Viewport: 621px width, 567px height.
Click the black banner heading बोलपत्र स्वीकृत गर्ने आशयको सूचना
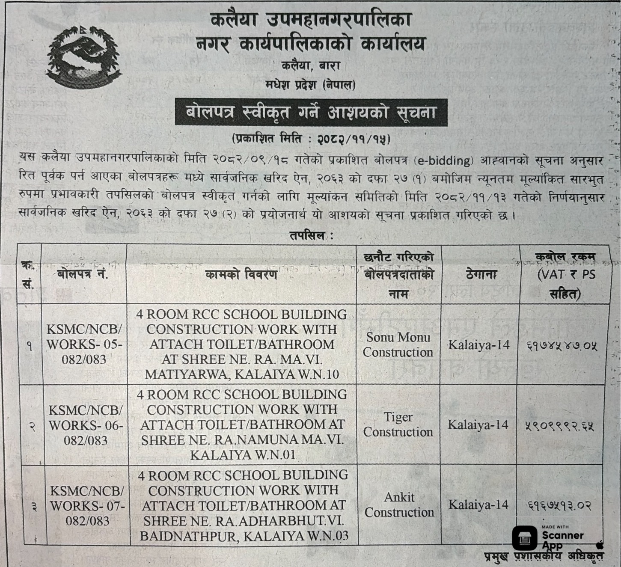click(311, 113)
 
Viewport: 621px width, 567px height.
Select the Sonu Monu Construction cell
click(398, 344)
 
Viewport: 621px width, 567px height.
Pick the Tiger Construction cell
click(398, 425)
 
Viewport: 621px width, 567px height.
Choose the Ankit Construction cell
click(399, 505)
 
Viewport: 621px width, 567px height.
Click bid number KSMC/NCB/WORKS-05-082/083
click(84, 344)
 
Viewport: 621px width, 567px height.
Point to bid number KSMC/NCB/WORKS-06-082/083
click(85, 425)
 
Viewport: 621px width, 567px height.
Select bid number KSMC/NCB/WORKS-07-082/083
click(87, 505)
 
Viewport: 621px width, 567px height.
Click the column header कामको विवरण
click(241, 274)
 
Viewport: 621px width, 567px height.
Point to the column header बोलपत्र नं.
click(83, 274)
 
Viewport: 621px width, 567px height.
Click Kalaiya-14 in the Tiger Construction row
click(478, 425)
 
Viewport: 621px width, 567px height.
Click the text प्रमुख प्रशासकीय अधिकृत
click(544, 556)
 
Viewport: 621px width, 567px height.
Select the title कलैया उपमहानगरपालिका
click(311, 20)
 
